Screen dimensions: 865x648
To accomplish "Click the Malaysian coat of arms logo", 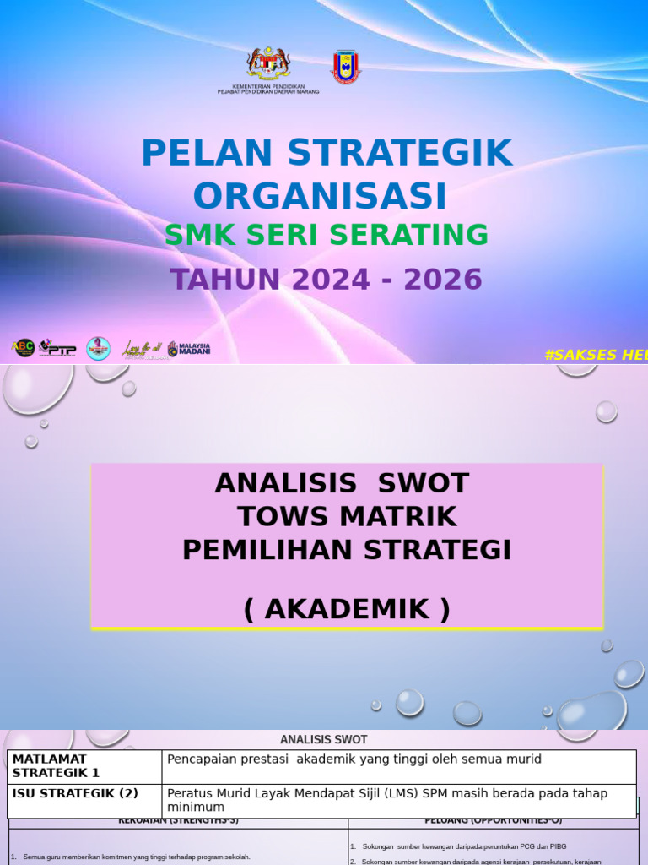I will [x=267, y=65].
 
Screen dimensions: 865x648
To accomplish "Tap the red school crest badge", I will [x=345, y=67].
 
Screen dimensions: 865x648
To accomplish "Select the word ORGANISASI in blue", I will [x=320, y=196].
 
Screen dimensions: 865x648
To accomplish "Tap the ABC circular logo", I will [x=24, y=347].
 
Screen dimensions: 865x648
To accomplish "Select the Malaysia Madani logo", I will [x=188, y=348].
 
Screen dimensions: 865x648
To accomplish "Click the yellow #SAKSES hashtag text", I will [x=596, y=355].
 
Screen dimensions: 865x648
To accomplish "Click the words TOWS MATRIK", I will [x=347, y=516].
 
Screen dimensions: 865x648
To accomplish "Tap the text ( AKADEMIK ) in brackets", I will [x=347, y=609].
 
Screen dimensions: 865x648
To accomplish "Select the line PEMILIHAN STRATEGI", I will [x=347, y=550].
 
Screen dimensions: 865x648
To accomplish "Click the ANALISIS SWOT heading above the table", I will [x=324, y=740].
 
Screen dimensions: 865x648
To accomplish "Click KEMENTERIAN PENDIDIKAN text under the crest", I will [x=267, y=86].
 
